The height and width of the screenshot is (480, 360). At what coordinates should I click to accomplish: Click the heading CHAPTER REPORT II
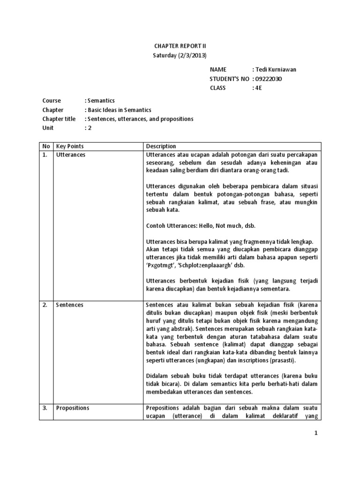tap(180, 46)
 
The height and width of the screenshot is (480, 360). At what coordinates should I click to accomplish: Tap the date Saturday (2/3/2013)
tap(180, 55)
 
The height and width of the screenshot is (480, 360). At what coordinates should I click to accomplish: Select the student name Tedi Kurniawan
tap(276, 70)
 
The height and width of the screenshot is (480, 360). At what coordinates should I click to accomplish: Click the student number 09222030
tap(270, 79)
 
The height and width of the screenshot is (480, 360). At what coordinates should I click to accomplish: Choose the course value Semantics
tap(101, 101)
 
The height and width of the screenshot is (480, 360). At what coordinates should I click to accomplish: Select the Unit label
tap(48, 128)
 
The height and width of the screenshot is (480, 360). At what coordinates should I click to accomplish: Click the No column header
tap(46, 146)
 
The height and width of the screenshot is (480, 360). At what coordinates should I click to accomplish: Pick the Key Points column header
tap(70, 146)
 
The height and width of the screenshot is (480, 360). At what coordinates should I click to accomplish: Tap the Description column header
tap(161, 146)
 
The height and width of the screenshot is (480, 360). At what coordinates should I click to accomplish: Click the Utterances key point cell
tap(71, 155)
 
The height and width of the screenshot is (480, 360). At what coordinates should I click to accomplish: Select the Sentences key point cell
tap(70, 305)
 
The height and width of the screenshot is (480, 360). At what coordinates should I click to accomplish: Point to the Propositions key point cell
tap(73, 408)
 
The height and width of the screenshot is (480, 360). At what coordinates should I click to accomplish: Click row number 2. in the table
tap(45, 305)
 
